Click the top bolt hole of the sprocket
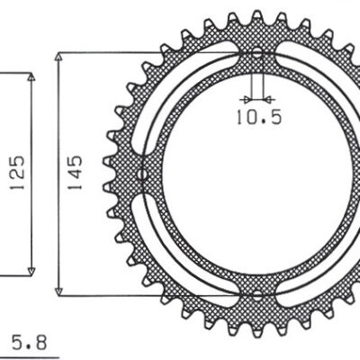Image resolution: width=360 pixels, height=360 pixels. coord(257,54)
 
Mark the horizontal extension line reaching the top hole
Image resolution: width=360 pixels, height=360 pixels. coord(153,53)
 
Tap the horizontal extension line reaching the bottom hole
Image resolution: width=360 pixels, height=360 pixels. coord(153,294)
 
